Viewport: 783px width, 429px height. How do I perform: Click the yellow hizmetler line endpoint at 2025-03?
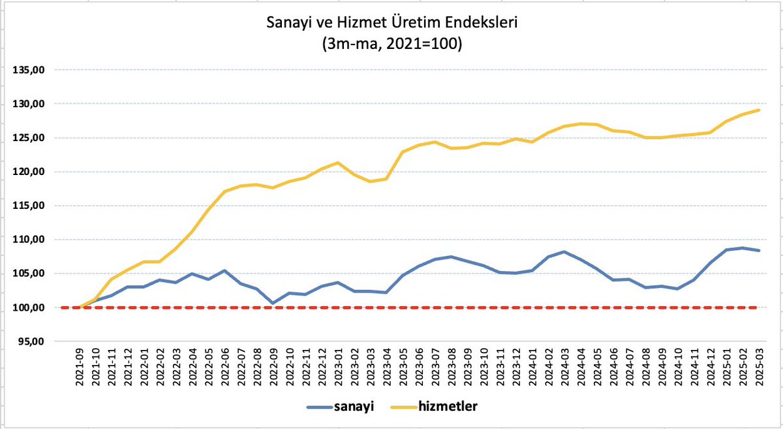coord(758,110)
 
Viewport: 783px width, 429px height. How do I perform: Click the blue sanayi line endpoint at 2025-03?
coord(758,251)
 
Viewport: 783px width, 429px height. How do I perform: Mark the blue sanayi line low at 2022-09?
coord(273,303)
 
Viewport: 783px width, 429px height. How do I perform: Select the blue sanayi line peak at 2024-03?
coord(563,252)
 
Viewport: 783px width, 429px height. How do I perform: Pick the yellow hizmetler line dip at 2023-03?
coord(370,182)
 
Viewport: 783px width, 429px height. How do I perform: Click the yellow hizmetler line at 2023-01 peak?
coord(337,163)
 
